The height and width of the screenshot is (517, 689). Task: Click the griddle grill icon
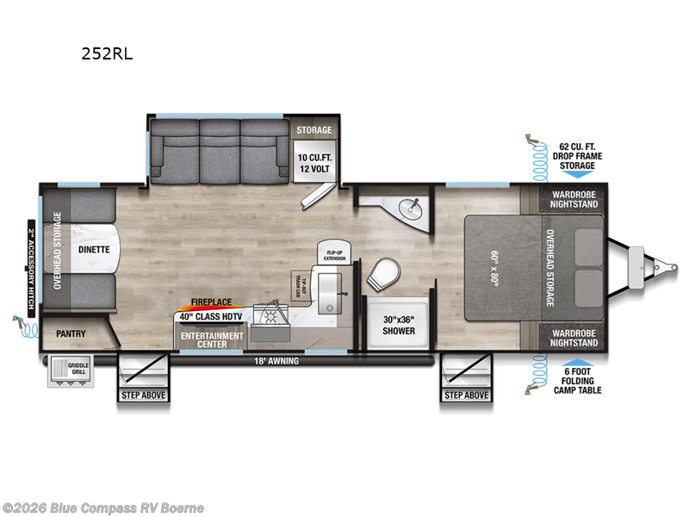pyautogui.click(x=69, y=371)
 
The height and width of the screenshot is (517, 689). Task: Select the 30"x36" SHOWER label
pyautogui.click(x=398, y=325)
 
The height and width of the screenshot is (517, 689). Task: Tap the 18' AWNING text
pyautogui.click(x=277, y=361)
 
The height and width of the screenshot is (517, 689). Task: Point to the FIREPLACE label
pyautogui.click(x=212, y=303)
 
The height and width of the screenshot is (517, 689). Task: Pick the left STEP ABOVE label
pyautogui.click(x=142, y=396)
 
